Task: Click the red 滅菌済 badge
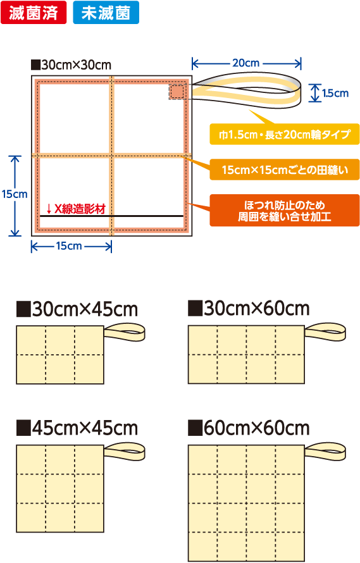tap(34, 13)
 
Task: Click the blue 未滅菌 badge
tap(106, 13)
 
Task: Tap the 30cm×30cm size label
tap(71, 65)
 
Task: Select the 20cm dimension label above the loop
tap(245, 63)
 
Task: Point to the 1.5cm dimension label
tap(335, 94)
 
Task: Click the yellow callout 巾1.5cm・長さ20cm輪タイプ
tap(285, 134)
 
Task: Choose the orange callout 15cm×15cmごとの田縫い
tap(285, 170)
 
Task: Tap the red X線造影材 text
tap(80, 209)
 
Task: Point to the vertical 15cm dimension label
tap(15, 194)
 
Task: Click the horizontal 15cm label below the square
tap(69, 246)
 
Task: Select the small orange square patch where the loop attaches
tap(177, 92)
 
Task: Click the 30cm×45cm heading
tap(77, 309)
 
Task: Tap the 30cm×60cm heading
tap(249, 309)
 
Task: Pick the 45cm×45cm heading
tap(77, 428)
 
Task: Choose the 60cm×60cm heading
tap(249, 428)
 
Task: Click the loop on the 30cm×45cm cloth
tap(142, 333)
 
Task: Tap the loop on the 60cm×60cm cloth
tap(343, 452)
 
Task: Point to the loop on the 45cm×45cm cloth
tap(142, 452)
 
